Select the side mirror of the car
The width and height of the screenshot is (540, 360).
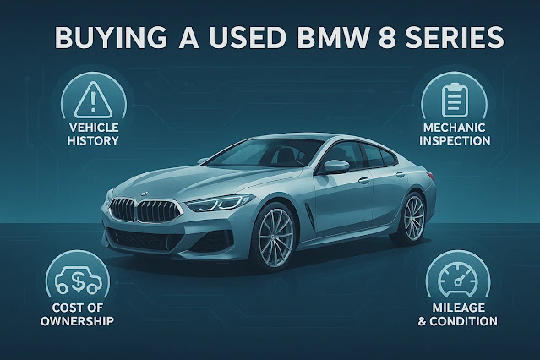pos(336,166)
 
